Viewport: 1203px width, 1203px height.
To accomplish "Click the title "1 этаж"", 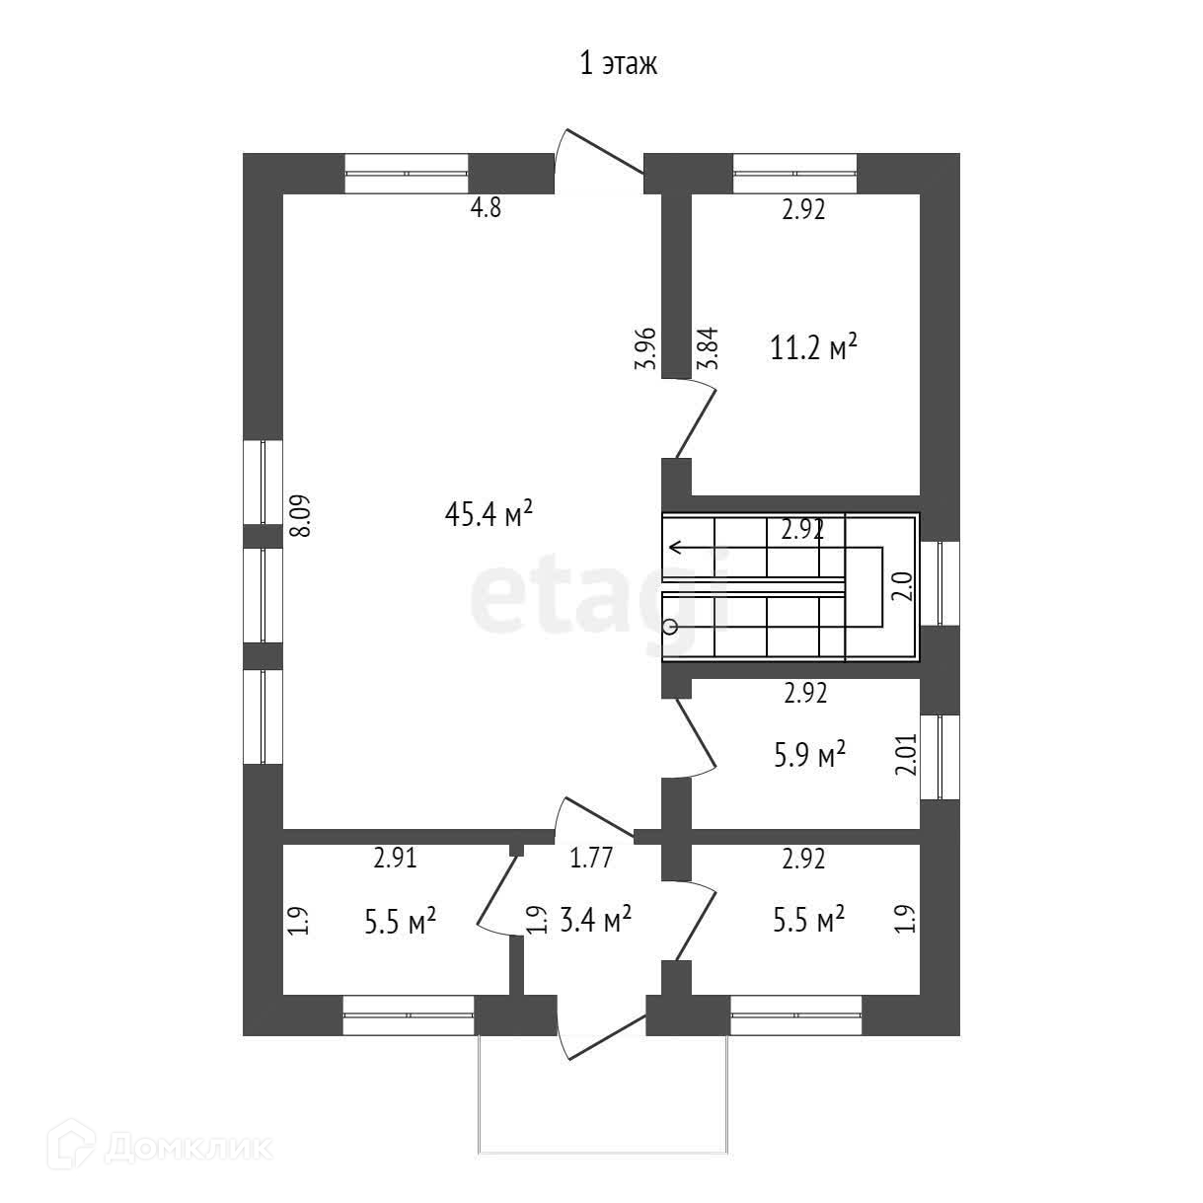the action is point(617,65).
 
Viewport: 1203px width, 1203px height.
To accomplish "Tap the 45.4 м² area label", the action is point(489,514).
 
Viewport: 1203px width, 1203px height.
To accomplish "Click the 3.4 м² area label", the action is point(596,921).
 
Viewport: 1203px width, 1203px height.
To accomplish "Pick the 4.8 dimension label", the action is point(484,209).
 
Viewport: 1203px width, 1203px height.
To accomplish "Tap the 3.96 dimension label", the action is point(646,348).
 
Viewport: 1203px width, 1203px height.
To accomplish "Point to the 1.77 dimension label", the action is point(592,858).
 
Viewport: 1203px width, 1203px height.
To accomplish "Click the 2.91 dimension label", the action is point(395,858).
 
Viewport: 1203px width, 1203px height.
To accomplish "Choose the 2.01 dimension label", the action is point(906,754).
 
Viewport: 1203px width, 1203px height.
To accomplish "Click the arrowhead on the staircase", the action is point(675,547).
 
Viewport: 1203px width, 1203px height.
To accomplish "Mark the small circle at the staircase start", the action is point(671,626).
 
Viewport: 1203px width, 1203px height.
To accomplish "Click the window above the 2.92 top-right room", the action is point(794,173).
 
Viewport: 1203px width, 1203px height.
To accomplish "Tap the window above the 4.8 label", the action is point(406,173).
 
